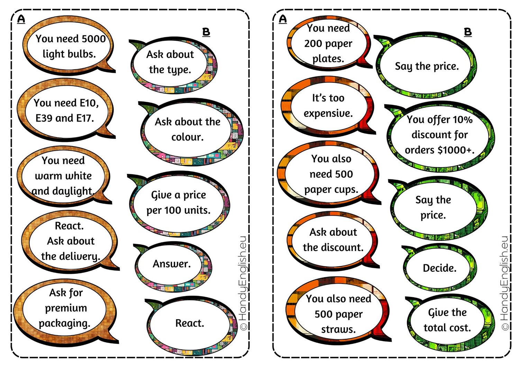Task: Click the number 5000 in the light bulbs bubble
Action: [93, 38]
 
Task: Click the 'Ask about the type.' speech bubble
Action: [170, 62]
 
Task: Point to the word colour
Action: [187, 137]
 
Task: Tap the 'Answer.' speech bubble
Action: [172, 264]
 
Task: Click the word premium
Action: [66, 308]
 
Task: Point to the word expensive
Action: [328, 113]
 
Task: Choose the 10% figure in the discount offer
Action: [462, 120]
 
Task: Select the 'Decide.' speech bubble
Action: [439, 268]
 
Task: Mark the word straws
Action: [338, 329]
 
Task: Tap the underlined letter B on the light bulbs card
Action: [206, 32]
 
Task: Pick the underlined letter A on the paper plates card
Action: [283, 19]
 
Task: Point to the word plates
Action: [328, 59]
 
